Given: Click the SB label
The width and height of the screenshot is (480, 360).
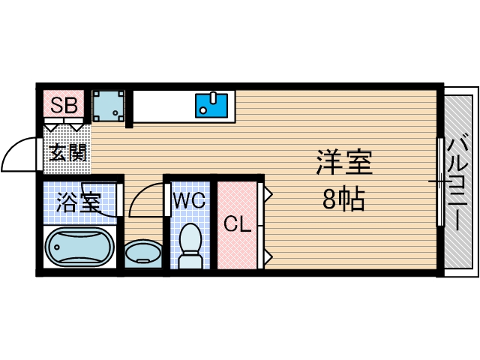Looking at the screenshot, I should pyautogui.click(x=64, y=105).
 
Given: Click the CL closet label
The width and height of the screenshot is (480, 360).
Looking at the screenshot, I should pyautogui.click(x=237, y=223).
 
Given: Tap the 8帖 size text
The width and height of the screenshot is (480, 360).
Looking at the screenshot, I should pyautogui.click(x=344, y=199).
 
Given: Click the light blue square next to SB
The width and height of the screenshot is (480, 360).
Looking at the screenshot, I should pyautogui.click(x=108, y=106).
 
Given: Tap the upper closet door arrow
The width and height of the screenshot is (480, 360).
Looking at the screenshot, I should pyautogui.click(x=267, y=194).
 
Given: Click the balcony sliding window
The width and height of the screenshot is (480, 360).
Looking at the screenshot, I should pyautogui.click(x=439, y=181).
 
